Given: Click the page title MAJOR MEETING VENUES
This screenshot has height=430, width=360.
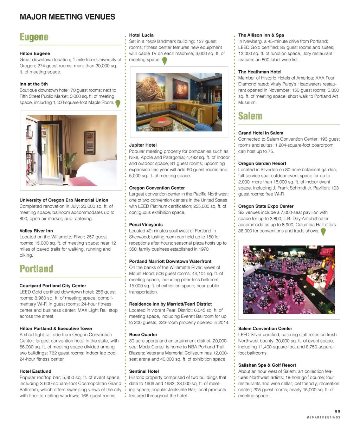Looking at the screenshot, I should pos(67,17).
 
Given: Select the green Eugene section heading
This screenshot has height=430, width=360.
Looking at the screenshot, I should pos(34,37).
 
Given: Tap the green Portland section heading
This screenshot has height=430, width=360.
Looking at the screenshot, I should pos(37,269).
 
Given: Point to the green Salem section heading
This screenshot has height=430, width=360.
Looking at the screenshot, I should pos(250,116).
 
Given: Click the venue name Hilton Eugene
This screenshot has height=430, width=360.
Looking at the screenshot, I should pos(35,53).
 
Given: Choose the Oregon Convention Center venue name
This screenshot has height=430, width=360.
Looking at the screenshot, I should pos(157,188).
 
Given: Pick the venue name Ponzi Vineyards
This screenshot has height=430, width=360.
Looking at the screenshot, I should pos(146,225).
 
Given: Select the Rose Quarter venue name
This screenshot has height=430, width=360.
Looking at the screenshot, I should pos(143,335).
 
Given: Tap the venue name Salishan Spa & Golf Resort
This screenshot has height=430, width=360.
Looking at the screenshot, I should pos(267,365).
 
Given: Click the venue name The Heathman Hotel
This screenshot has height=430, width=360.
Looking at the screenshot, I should pos(260,72).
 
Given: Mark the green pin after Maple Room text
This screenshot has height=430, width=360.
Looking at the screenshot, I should pos(118,103).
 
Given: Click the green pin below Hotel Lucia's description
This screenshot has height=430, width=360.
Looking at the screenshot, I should pos(164,61).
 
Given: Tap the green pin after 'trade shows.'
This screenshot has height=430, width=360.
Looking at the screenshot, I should pos(323,232).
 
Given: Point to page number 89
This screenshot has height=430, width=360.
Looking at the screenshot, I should pos(337,411).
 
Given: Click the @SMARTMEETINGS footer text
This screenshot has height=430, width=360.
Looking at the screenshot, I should pos(323,417).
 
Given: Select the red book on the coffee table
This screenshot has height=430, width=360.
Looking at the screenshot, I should pos(161,121).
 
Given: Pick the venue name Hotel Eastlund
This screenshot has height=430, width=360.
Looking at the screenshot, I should pos(36,371).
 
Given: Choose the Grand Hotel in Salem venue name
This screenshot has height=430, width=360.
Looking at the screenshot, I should pos(261,133).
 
